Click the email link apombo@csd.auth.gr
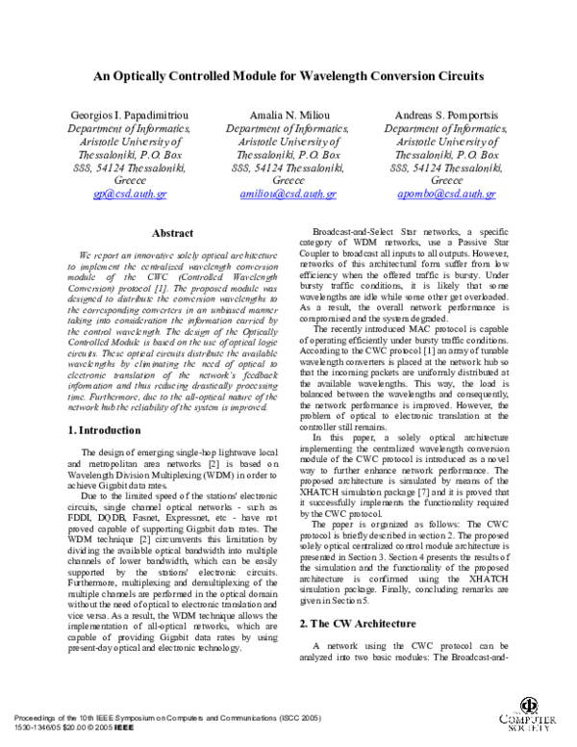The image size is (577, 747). [446, 193]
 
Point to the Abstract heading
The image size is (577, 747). [173, 233]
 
